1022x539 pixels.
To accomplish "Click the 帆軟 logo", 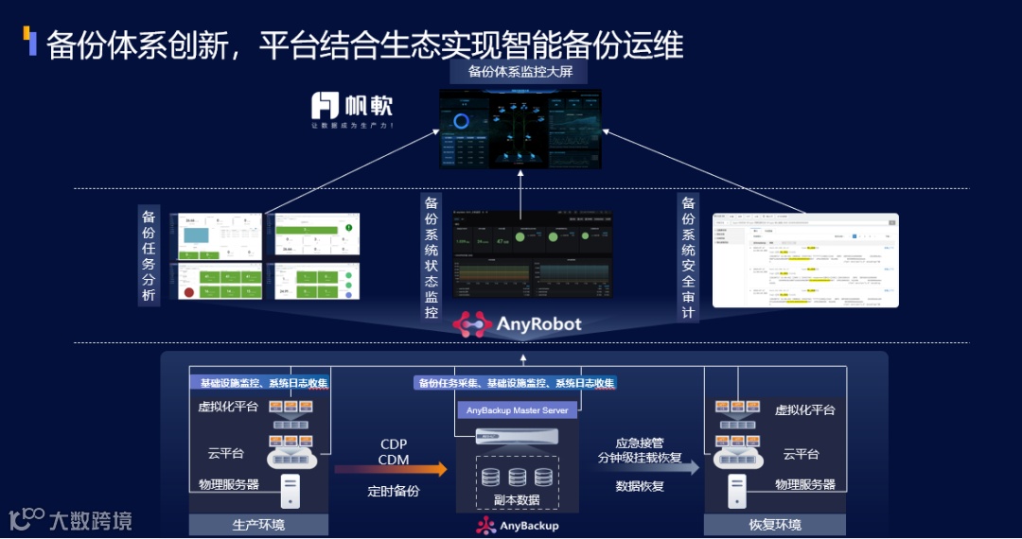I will (352, 106).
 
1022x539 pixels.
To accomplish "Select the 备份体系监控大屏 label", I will (520, 72).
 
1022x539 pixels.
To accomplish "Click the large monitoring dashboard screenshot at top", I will (520, 129).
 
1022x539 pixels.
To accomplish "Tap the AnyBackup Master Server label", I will (518, 410).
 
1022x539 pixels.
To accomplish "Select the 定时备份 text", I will (394, 492).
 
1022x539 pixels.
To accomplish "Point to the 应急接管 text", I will (641, 442).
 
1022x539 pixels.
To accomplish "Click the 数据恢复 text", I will (640, 486).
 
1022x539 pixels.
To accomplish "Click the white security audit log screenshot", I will (804, 260).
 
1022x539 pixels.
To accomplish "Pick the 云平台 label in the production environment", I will (227, 454).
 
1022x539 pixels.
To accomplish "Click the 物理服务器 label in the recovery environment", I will (805, 484).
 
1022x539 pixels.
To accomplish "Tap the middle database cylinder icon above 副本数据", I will (517, 477).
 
